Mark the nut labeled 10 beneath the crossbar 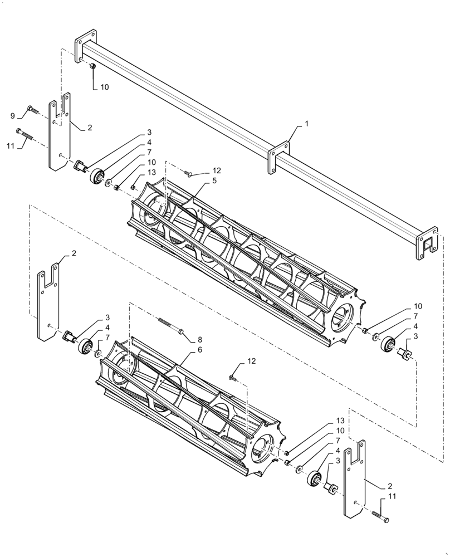pos(92,66)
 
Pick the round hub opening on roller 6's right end pos(262,448)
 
